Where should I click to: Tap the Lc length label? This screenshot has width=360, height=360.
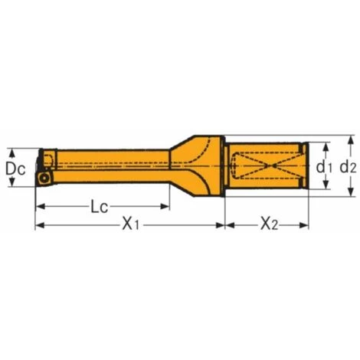[x=98, y=207]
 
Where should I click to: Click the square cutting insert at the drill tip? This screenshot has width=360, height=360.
[x=47, y=178]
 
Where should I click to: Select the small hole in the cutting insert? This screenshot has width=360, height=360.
[x=47, y=178]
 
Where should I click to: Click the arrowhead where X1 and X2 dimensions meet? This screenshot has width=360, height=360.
[x=224, y=225]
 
